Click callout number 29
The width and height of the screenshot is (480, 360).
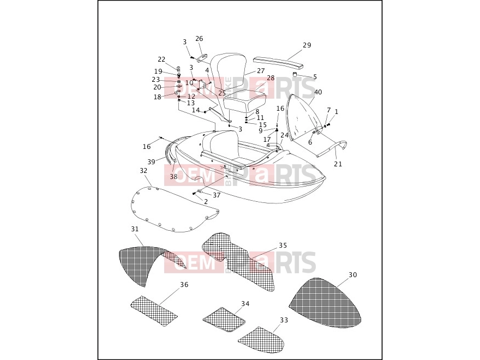click(x=307, y=45)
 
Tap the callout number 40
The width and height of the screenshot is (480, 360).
click(x=318, y=92)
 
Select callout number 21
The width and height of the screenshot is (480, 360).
click(x=338, y=164)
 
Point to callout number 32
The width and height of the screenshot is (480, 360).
click(x=143, y=171)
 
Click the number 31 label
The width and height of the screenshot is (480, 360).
click(x=135, y=229)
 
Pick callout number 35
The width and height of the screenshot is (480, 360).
click(x=283, y=245)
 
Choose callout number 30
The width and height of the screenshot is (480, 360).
click(x=353, y=275)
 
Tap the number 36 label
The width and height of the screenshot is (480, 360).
click(x=184, y=285)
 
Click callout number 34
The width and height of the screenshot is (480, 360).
click(x=245, y=304)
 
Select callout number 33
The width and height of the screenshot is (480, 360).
click(x=284, y=320)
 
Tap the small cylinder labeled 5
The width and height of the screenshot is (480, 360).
click(x=295, y=74)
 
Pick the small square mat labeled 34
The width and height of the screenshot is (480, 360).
click(x=224, y=320)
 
